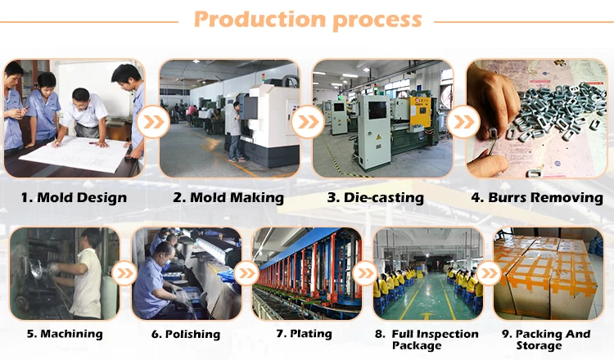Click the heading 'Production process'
[307, 20]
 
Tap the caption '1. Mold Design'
[74, 197]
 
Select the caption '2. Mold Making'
[228, 197]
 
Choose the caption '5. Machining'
[65, 333]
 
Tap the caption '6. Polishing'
[185, 334]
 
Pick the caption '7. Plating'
[304, 333]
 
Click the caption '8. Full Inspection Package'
[427, 340]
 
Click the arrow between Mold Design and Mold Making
[152, 123]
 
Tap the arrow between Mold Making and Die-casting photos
[307, 123]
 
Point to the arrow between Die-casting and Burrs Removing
[463, 123]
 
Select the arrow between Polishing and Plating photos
[245, 272]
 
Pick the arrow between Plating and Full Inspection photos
[366, 272]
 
